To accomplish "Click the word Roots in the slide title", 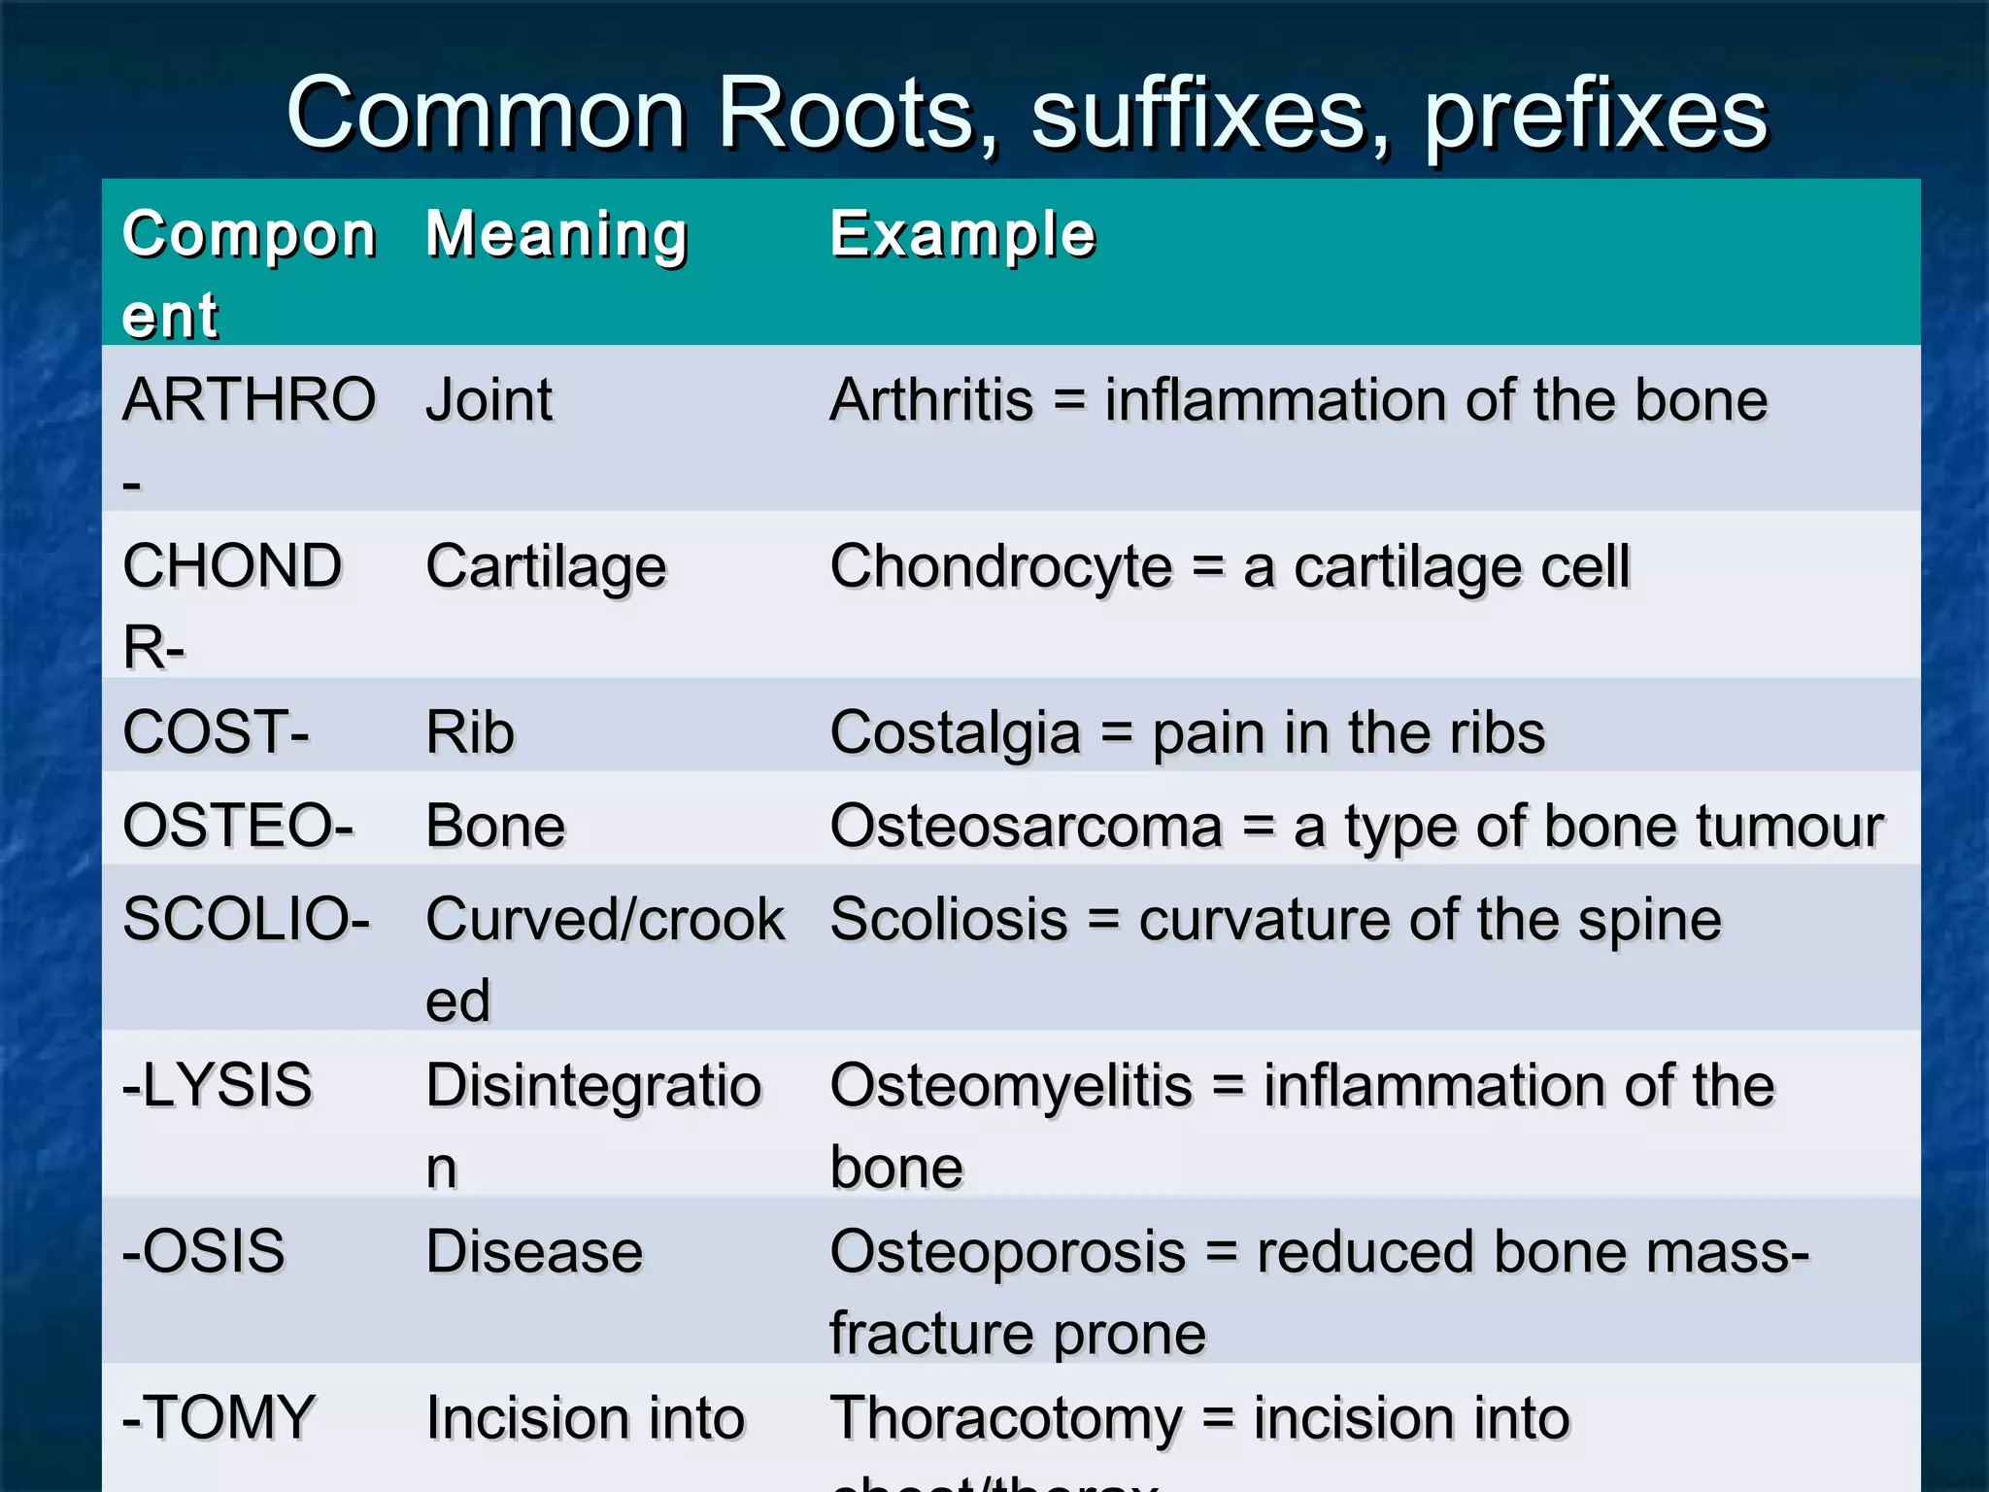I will (x=846, y=115).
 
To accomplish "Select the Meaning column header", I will (x=556, y=235).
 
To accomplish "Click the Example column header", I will (x=962, y=235).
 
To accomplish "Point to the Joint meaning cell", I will (x=489, y=400).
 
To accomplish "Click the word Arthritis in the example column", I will (x=931, y=400).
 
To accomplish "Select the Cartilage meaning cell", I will (x=546, y=567).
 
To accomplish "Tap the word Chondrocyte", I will (x=1000, y=567).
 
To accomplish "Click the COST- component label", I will (x=216, y=731).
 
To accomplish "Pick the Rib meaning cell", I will (x=470, y=732).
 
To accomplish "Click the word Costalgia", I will (x=955, y=732).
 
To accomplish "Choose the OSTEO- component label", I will (x=237, y=826).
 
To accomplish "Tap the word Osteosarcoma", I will (x=1026, y=827).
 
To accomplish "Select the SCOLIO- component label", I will (x=246, y=919).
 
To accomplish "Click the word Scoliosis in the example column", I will (x=949, y=919).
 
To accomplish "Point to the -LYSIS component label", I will (x=218, y=1085).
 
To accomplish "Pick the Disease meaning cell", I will (x=534, y=1251).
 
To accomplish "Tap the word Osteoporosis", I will (x=1007, y=1251).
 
